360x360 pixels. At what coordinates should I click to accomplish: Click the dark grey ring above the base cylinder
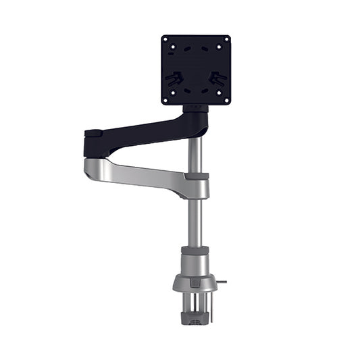195,250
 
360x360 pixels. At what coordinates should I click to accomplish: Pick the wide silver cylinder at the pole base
195,263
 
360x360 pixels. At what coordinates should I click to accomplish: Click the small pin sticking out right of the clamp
222,282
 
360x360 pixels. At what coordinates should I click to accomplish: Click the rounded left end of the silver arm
91,168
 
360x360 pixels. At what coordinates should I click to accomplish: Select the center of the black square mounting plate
196,70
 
